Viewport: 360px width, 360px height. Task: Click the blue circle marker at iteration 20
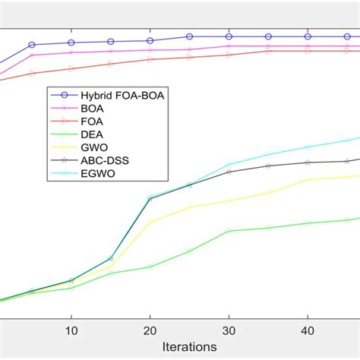150,41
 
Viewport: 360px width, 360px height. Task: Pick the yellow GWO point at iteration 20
150,223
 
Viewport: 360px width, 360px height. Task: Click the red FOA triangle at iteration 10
71,68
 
